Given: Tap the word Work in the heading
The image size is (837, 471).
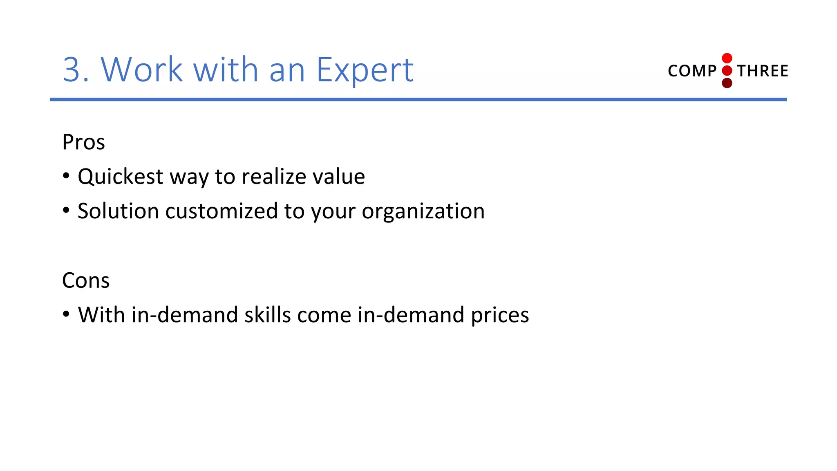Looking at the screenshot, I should pyautogui.click(x=141, y=70).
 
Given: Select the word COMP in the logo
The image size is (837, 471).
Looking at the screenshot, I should pyautogui.click(x=692, y=71).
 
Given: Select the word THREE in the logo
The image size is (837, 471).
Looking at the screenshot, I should pyautogui.click(x=763, y=71).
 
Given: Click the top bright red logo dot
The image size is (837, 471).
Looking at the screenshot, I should pyautogui.click(x=727, y=58).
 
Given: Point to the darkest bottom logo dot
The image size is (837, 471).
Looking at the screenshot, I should pyautogui.click(x=727, y=83).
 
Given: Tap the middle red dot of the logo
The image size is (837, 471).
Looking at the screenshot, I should pyautogui.click(x=727, y=71).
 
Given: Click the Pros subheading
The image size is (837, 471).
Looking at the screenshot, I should pyautogui.click(x=83, y=142).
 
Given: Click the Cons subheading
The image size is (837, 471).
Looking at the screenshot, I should pyautogui.click(x=86, y=280).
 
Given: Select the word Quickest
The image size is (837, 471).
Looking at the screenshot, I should pyautogui.click(x=121, y=177).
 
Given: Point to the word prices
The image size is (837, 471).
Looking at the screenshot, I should pyautogui.click(x=500, y=316).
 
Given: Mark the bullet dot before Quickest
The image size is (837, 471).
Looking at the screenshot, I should pyautogui.click(x=66, y=176).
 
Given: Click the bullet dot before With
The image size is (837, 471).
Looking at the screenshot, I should pyautogui.click(x=66, y=314).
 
